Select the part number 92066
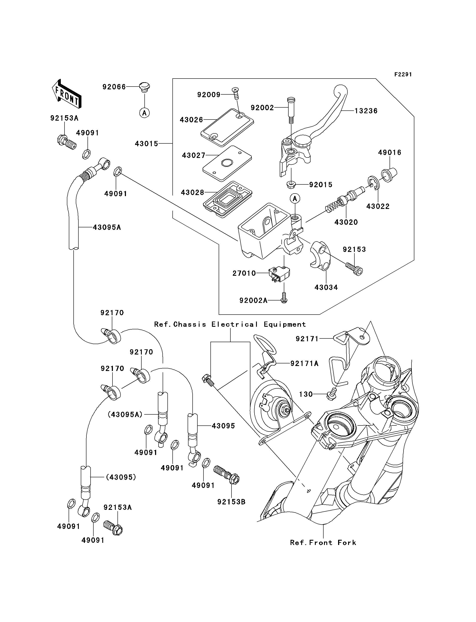(114, 87)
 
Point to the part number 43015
(146, 144)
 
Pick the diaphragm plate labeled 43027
(227, 163)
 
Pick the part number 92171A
(304, 363)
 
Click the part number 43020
(346, 222)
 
